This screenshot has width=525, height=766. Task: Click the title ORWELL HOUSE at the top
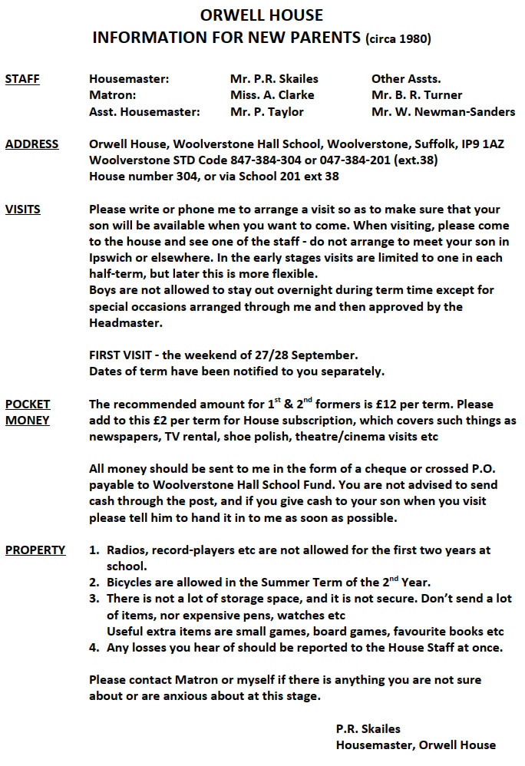click(x=262, y=15)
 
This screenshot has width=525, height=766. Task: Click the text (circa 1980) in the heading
click(x=398, y=38)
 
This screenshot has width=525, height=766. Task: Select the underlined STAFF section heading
click(x=22, y=79)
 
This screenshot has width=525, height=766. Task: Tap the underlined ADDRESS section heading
click(x=31, y=144)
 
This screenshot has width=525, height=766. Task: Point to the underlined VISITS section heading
click(x=23, y=210)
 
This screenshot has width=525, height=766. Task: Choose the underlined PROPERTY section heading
click(x=35, y=550)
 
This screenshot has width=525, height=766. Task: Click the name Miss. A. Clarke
click(x=272, y=95)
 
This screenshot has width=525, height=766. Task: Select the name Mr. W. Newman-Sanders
click(x=443, y=112)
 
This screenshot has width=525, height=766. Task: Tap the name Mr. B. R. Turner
click(x=417, y=95)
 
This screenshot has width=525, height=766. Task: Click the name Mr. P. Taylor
click(x=266, y=112)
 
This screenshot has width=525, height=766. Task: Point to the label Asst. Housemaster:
click(x=144, y=112)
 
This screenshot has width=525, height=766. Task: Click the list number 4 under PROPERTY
click(x=94, y=648)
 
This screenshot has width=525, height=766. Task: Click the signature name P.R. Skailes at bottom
click(x=368, y=728)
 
